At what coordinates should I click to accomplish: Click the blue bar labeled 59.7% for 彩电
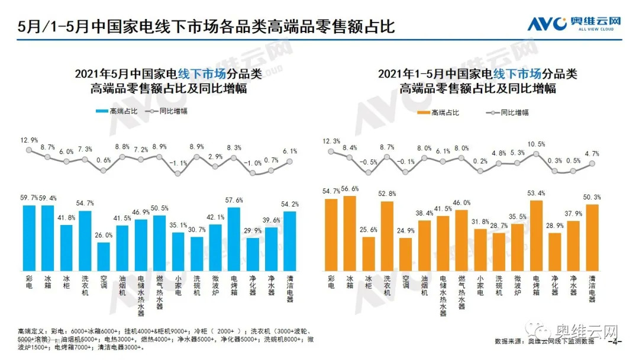[x=29, y=237]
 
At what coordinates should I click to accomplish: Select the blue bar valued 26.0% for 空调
[x=104, y=256]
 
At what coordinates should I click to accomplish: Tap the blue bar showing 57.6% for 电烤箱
[x=234, y=239]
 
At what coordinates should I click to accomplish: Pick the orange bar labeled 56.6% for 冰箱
[x=350, y=233]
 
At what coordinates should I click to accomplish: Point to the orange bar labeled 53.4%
[x=536, y=234]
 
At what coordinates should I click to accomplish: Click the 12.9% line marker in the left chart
[x=29, y=150]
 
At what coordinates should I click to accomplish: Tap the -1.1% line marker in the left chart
[x=178, y=173]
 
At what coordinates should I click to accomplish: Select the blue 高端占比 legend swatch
[x=101, y=111]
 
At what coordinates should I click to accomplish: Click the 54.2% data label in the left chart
[x=290, y=204]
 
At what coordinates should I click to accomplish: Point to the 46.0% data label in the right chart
[x=462, y=202]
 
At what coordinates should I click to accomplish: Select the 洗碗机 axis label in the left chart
[x=197, y=285]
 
